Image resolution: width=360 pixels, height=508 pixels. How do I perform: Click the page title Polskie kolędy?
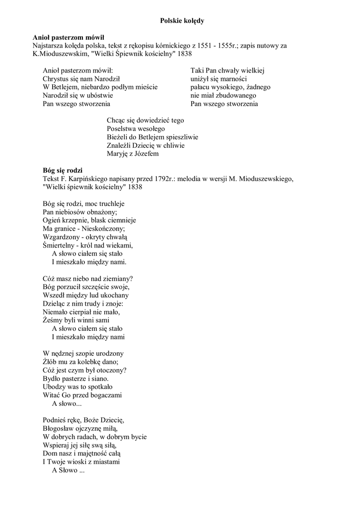(x=182, y=21)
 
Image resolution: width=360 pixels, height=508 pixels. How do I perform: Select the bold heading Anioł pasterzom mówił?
(x=69, y=37)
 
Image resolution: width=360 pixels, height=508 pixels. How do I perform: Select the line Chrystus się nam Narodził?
(x=81, y=79)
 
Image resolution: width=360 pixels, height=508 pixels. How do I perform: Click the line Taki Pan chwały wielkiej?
(x=227, y=70)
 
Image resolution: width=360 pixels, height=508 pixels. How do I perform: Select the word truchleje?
(x=110, y=204)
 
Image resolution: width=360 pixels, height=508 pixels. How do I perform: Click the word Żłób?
(x=50, y=362)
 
